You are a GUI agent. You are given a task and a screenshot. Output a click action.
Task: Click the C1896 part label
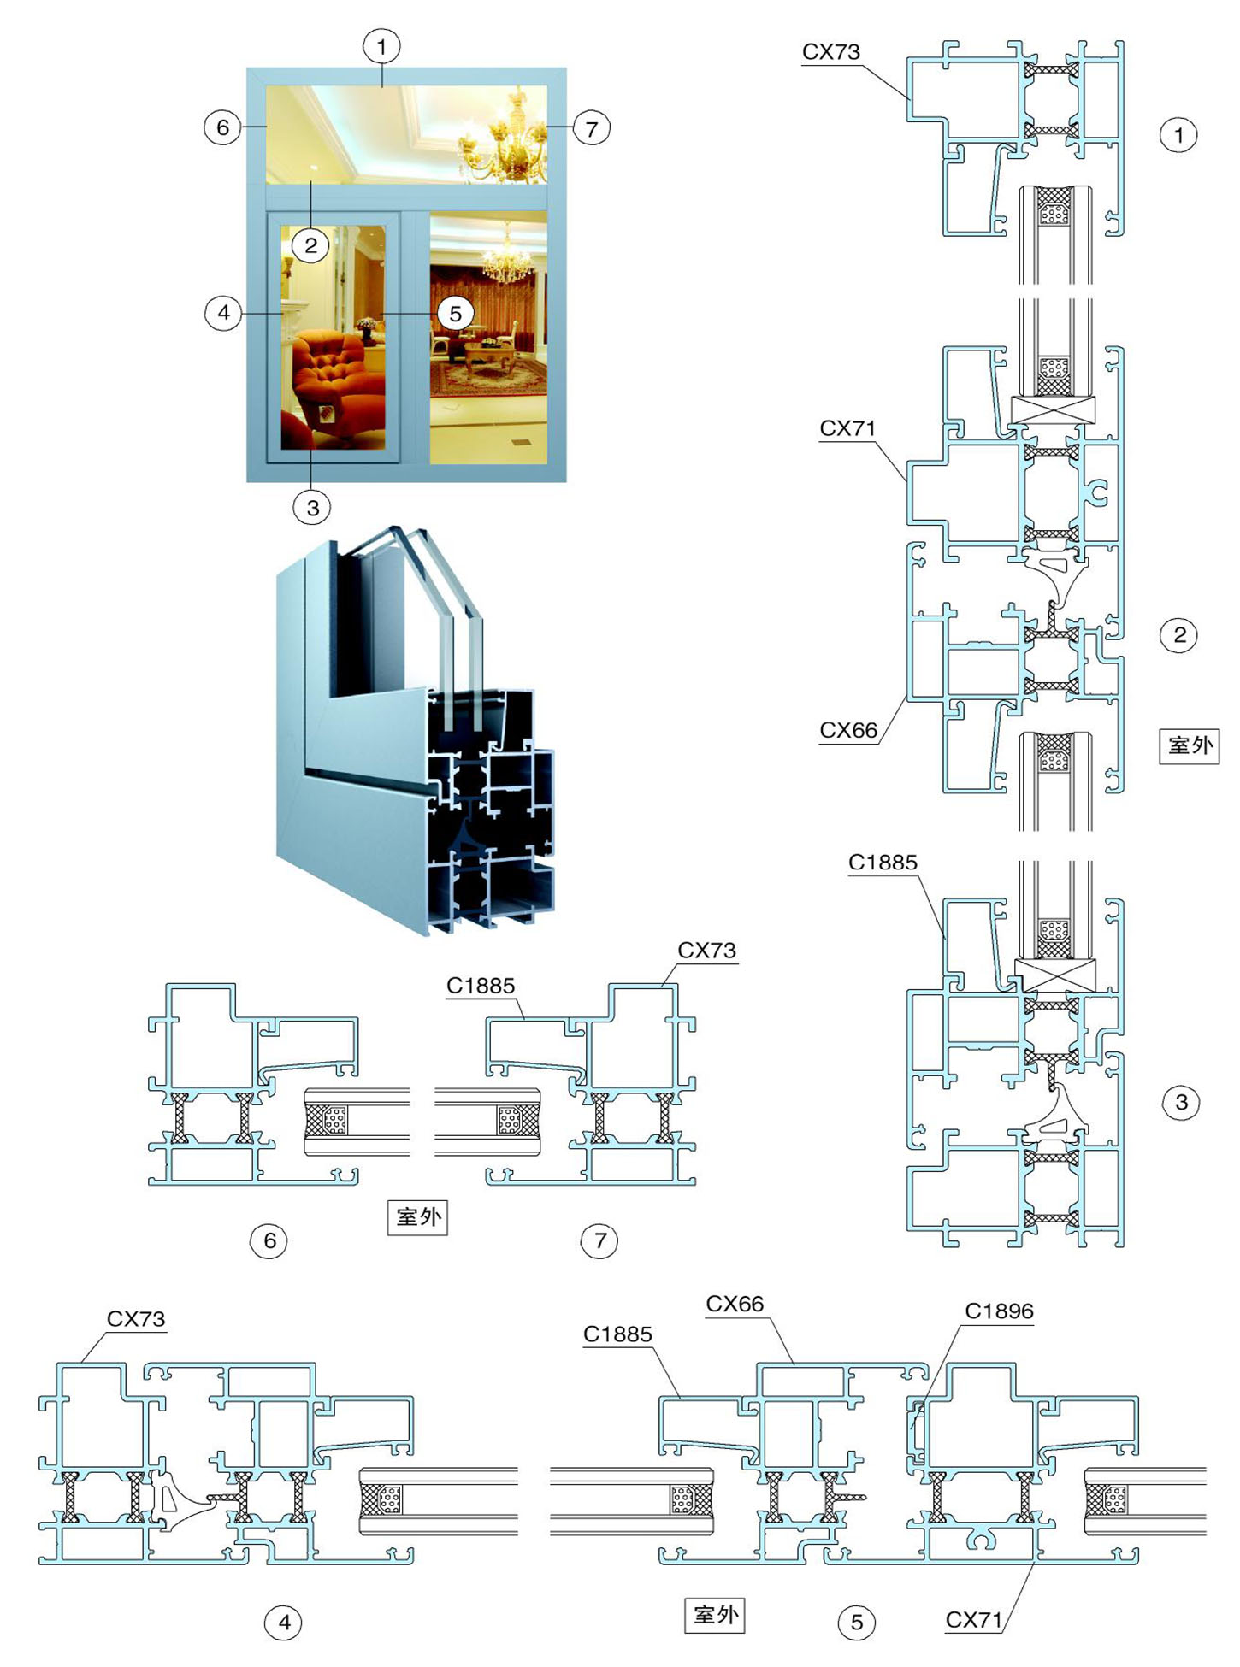pos(999,1311)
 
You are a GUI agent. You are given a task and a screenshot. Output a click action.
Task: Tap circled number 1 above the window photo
pos(381,46)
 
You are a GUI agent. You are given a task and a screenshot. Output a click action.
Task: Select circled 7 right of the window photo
pos(591,128)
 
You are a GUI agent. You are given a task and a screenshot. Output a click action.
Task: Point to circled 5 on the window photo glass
pos(455,314)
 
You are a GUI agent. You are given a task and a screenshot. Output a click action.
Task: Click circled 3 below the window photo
pos(312,508)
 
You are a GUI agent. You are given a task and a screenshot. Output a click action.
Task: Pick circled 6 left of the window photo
pos(222,127)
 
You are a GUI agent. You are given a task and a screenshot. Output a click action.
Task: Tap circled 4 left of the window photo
pos(223,312)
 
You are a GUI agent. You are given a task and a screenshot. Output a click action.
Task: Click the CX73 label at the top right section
pos(830,51)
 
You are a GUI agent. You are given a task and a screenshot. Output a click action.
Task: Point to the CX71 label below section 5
pos(973,1619)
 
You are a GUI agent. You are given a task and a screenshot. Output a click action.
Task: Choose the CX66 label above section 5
pos(735,1304)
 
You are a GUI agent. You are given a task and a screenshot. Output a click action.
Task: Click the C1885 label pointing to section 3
pos(883,862)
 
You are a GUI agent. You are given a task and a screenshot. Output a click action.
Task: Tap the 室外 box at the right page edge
pos(1189,745)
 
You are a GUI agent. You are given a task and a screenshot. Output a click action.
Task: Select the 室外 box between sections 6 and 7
pos(417,1216)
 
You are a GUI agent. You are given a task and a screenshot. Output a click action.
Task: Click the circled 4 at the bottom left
pos(284,1622)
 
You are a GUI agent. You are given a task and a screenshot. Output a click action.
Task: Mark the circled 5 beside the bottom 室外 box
pos(856,1622)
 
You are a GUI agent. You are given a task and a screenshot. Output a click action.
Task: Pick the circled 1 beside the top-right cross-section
pos(1178,134)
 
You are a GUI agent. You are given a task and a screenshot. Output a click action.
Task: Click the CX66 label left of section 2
pos(848,730)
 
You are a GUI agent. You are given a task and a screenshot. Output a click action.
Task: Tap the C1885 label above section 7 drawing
pos(481,986)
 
